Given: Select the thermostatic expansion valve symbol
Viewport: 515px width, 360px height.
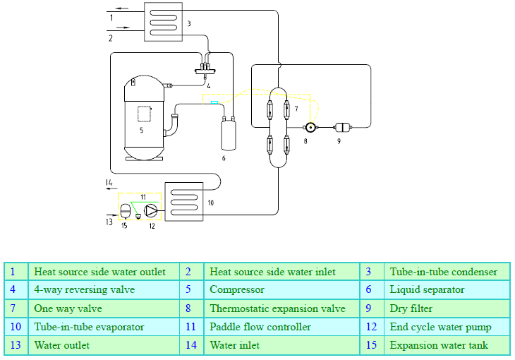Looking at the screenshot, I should point(308,128).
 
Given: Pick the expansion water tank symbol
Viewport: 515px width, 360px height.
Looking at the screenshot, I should point(124,210).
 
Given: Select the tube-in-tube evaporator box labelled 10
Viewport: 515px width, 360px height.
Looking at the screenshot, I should point(183,200).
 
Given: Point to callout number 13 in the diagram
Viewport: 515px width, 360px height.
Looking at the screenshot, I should point(109,222).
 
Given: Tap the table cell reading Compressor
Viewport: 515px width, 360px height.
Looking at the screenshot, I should point(237,290).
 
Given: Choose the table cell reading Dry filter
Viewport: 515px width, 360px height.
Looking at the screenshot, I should point(411,308).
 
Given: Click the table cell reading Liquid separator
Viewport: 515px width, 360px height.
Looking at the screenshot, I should point(427,290).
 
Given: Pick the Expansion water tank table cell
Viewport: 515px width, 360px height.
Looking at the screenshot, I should point(439,345).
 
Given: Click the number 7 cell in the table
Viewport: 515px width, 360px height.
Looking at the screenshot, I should point(13,308).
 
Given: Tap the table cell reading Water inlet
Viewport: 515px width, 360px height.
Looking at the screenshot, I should point(235,345).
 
